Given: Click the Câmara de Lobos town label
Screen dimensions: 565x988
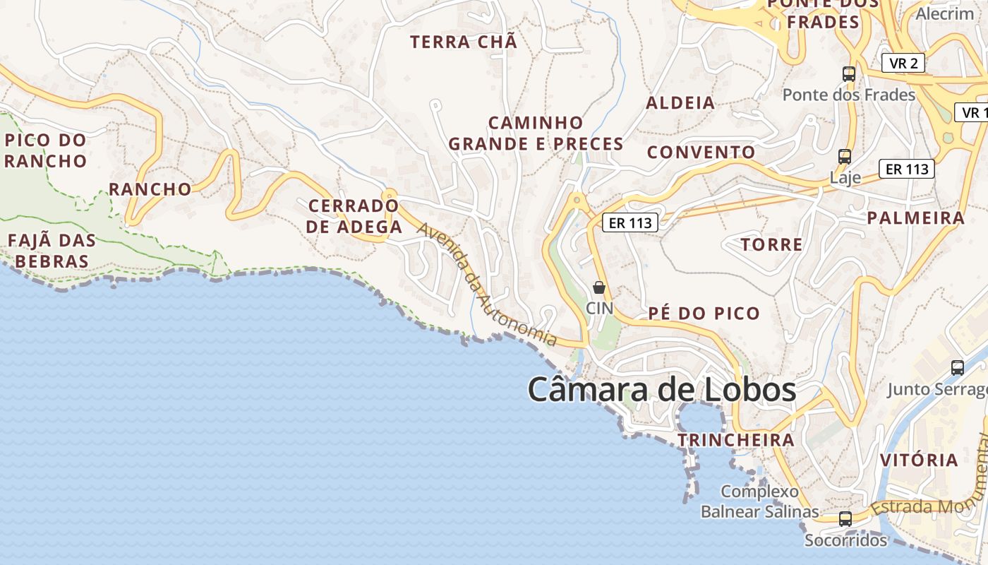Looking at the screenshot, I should pyautogui.click(x=662, y=390).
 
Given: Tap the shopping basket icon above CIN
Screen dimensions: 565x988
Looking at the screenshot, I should pyautogui.click(x=599, y=287).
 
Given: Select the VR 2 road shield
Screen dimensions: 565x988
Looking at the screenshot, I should pyautogui.click(x=903, y=63).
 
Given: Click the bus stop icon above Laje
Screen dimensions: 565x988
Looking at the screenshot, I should pyautogui.click(x=844, y=156).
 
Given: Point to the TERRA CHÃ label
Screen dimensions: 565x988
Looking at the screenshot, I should pyautogui.click(x=464, y=42).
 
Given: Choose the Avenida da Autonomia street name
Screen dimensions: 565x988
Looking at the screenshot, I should pyautogui.click(x=486, y=285).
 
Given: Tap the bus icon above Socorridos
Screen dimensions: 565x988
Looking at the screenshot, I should pyautogui.click(x=845, y=519).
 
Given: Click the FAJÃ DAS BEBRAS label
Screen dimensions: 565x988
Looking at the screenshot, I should pyautogui.click(x=52, y=251).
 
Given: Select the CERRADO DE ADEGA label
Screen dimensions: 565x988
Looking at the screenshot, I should pyautogui.click(x=355, y=216).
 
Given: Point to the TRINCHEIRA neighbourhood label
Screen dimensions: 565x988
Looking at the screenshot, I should pyautogui.click(x=736, y=440).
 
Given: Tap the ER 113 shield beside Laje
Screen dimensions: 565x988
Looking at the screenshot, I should pyautogui.click(x=907, y=169).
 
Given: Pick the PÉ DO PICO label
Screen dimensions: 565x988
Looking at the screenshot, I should pyautogui.click(x=704, y=313).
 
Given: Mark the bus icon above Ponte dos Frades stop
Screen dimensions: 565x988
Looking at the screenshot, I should pyautogui.click(x=848, y=73).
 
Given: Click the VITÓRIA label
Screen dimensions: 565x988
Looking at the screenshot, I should pyautogui.click(x=919, y=460).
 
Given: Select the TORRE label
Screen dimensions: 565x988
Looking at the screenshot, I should pyautogui.click(x=771, y=245).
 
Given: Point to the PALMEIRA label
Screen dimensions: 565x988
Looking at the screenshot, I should pyautogui.click(x=915, y=218).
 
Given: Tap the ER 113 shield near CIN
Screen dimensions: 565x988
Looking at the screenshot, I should pyautogui.click(x=630, y=223).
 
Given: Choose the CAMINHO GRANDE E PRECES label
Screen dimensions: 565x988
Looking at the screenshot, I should pyautogui.click(x=536, y=133).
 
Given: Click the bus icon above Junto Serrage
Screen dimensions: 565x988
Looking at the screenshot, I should pyautogui.click(x=957, y=367).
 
